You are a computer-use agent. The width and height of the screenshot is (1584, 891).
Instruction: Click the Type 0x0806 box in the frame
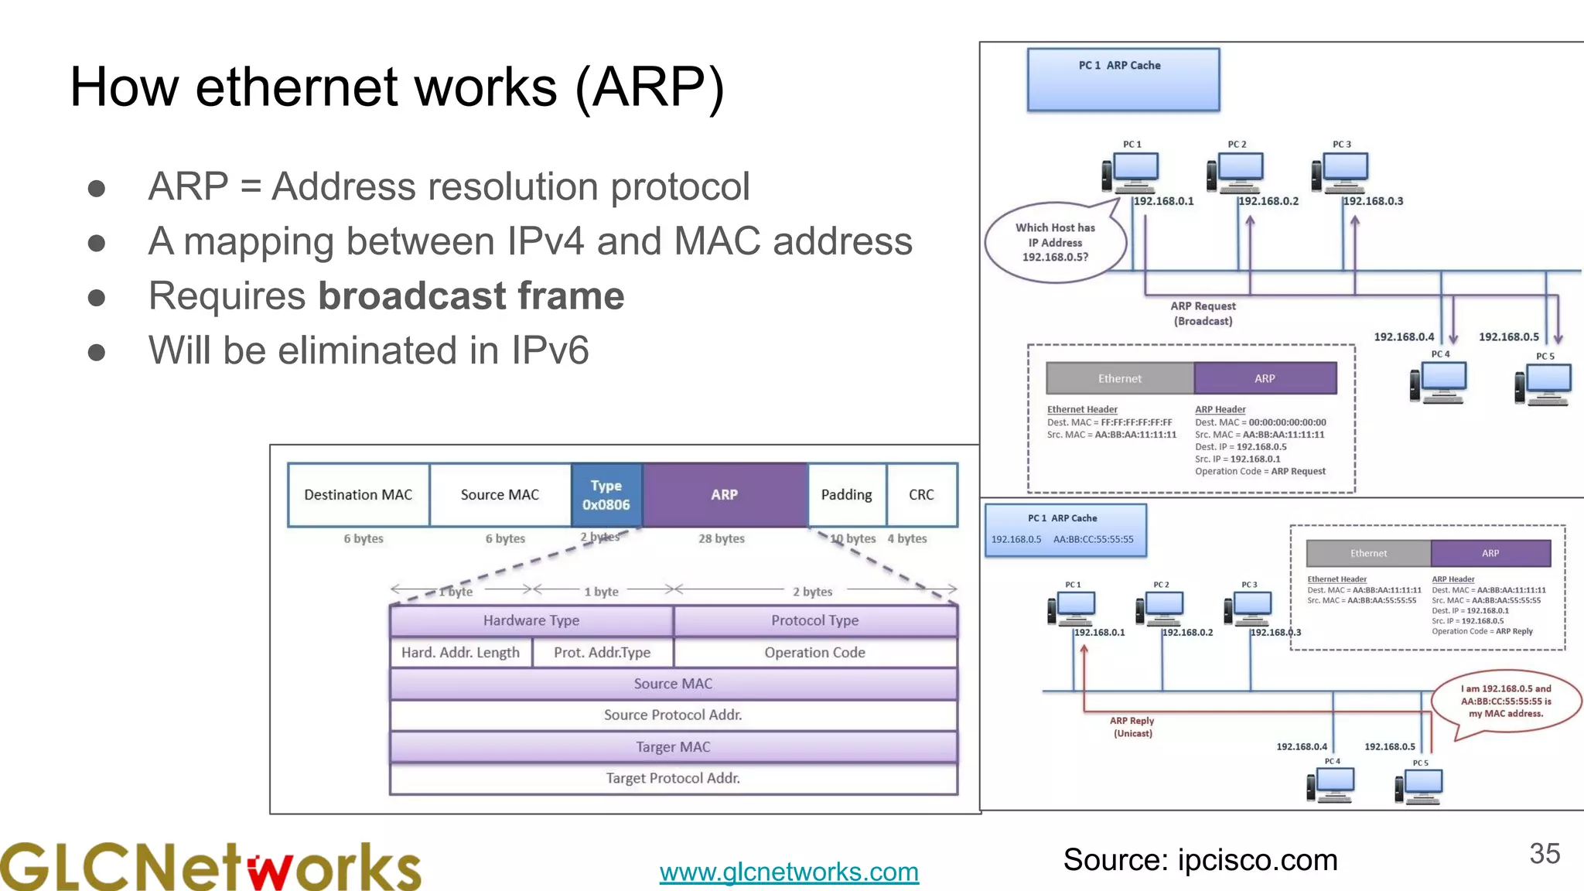pos(606,495)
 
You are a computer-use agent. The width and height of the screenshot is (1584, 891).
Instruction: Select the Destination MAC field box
pos(358,495)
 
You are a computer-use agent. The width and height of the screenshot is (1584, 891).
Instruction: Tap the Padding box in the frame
pos(847,495)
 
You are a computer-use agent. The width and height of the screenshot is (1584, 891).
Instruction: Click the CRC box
pos(921,495)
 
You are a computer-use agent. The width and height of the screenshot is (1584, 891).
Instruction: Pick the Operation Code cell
pos(814,652)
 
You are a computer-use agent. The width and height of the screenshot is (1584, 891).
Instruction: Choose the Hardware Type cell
pos(531,620)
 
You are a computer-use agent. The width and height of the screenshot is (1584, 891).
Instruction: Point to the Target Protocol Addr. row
pos(673,778)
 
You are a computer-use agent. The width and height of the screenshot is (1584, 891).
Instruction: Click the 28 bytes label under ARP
pos(721,538)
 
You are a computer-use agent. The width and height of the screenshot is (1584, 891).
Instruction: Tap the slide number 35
pos(1545,854)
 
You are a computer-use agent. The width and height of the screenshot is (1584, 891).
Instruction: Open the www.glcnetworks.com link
pos(789,872)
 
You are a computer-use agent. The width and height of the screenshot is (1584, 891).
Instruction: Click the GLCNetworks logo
pos(210,866)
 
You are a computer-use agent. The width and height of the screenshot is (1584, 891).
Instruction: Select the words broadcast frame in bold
pos(471,296)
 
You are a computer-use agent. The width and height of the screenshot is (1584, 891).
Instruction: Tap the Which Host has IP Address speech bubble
pos(1055,243)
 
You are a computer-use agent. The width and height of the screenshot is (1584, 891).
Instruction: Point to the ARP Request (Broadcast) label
pos(1203,313)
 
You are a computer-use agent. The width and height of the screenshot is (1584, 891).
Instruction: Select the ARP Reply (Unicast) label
pos(1132,726)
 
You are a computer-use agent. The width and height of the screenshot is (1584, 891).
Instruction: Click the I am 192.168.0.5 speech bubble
pos(1505,701)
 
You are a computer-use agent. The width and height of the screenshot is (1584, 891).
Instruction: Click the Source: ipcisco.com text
pos(1200,860)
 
